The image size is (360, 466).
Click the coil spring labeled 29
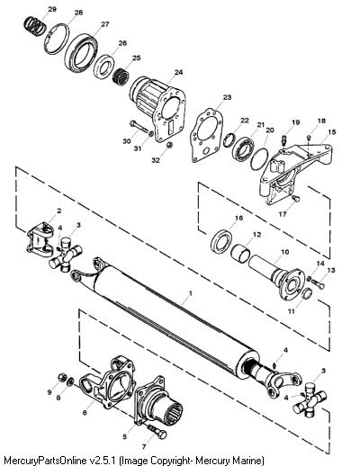click(35, 26)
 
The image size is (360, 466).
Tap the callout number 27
click(105, 24)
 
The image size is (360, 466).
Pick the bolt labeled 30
click(138, 127)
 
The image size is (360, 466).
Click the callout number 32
click(155, 160)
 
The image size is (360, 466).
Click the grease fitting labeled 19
click(284, 139)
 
